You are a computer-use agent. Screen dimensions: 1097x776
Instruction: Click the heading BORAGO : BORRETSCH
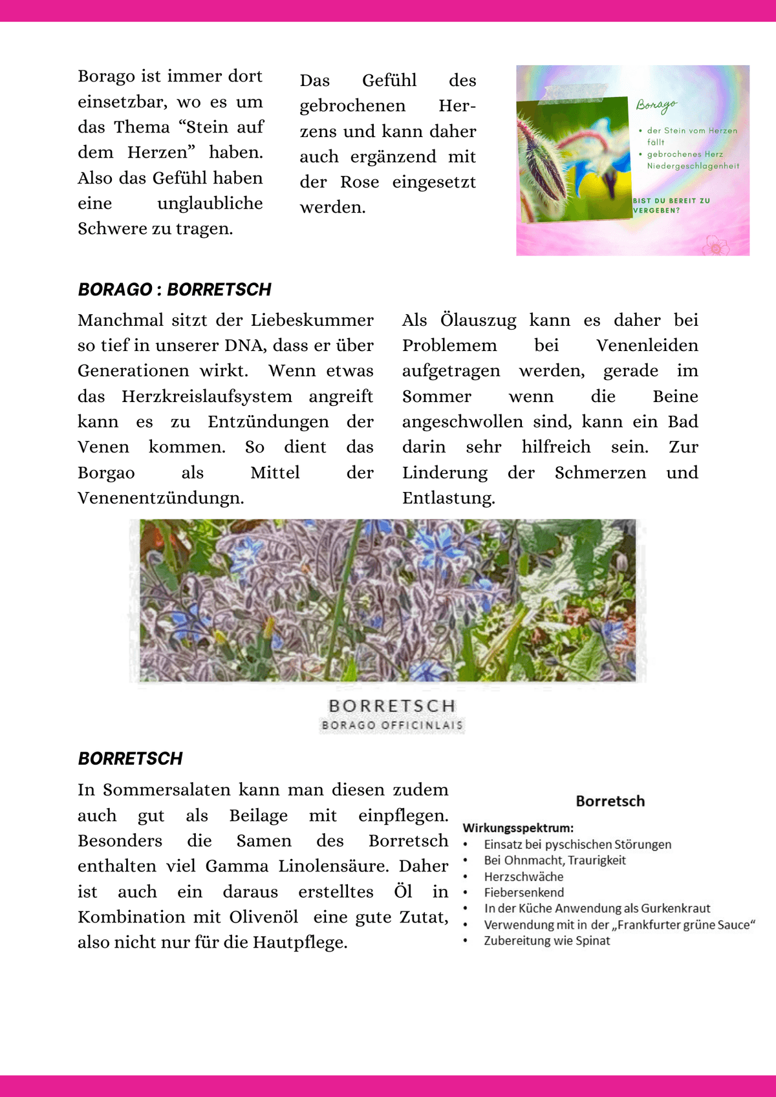[175, 289]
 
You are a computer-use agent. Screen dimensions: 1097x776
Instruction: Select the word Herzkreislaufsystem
[206, 396]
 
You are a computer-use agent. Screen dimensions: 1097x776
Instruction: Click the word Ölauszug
[478, 320]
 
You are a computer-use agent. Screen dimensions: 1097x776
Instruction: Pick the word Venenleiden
[647, 345]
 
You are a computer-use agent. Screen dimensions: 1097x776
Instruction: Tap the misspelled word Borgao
[106, 473]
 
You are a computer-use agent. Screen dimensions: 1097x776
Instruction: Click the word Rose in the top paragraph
[360, 182]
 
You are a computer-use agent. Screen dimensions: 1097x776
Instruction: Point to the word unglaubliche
[210, 204]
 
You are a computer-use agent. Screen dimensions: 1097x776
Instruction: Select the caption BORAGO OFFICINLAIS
[392, 725]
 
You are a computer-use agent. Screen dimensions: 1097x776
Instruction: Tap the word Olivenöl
[264, 917]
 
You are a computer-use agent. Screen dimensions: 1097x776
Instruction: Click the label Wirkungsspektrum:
[518, 828]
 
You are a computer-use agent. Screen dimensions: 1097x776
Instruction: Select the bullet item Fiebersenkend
[524, 893]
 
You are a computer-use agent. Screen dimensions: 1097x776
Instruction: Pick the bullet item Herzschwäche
[524, 877]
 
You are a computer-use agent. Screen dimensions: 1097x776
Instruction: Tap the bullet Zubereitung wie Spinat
[546, 941]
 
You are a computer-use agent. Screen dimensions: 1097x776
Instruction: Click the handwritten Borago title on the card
[656, 105]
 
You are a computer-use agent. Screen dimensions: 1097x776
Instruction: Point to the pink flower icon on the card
[715, 245]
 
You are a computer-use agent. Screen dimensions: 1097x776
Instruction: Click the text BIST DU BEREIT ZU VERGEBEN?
[671, 206]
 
